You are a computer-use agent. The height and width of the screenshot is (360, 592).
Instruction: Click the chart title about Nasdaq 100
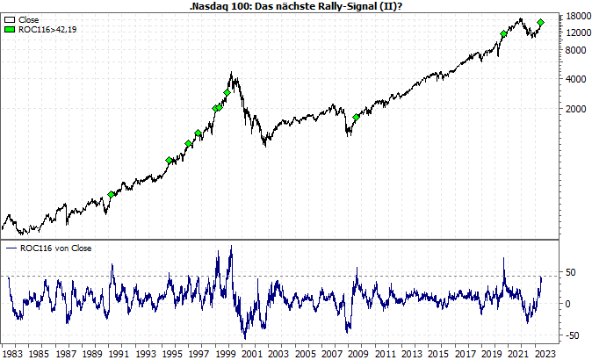[295, 5]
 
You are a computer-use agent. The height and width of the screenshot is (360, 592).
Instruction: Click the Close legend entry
[27, 18]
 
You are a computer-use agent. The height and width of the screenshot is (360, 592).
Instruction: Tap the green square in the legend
[10, 29]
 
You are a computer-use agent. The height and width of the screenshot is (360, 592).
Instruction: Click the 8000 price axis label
[575, 49]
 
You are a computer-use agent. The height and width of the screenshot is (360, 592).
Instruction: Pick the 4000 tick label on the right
[575, 79]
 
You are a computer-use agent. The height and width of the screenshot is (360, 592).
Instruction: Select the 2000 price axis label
[575, 109]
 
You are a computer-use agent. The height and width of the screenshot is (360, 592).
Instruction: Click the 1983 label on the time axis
[12, 353]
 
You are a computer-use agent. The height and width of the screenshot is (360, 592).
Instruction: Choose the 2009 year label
[358, 353]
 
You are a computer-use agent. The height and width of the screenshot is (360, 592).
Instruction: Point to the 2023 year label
[545, 353]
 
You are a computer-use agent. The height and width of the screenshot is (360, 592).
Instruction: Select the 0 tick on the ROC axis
[568, 304]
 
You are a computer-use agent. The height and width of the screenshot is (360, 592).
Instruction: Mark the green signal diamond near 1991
[112, 194]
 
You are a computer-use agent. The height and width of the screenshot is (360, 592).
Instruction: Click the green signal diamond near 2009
[357, 117]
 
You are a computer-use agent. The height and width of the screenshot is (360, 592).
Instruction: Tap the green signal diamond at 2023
[541, 22]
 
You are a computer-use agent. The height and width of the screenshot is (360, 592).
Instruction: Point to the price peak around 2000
[231, 73]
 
